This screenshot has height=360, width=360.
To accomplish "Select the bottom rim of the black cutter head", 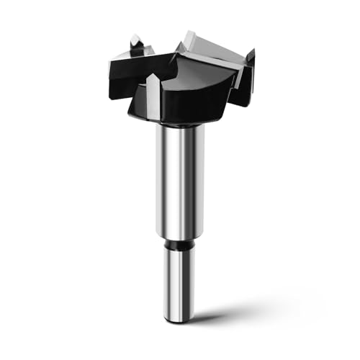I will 176,120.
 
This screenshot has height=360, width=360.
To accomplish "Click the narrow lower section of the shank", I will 179,281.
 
